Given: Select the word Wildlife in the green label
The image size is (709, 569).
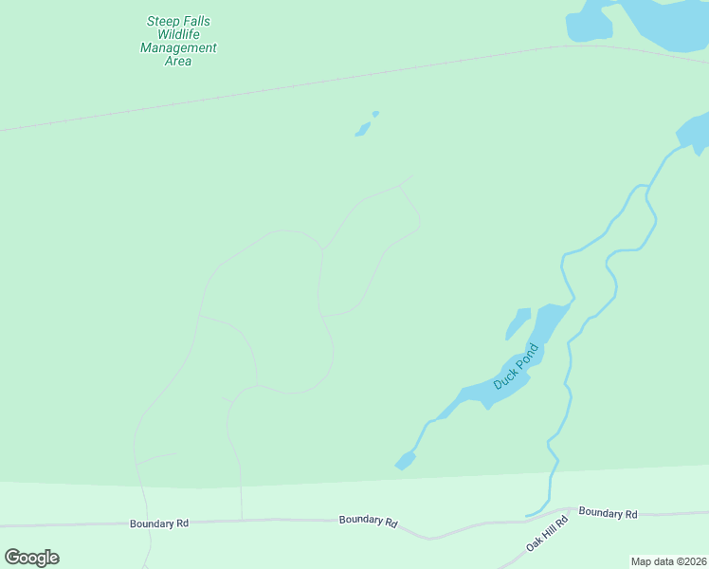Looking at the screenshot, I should (x=178, y=34).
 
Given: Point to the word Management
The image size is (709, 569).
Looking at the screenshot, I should (x=178, y=47).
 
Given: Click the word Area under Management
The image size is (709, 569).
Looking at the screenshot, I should (x=178, y=62).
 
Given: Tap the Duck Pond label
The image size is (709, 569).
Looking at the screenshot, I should (x=516, y=366).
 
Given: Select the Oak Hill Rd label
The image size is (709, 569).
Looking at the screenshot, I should (x=547, y=535).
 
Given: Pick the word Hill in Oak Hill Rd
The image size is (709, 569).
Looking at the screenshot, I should (x=548, y=534).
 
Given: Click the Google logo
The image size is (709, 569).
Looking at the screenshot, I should (x=31, y=558).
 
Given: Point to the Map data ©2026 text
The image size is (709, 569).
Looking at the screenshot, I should (x=668, y=561).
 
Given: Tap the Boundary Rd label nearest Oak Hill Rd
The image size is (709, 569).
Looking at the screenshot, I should (x=608, y=513).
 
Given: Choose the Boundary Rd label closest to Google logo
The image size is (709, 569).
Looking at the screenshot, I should (x=159, y=523).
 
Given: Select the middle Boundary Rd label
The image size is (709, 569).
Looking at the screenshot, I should (x=368, y=520).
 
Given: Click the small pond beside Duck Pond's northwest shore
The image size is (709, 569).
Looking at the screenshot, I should (x=518, y=322).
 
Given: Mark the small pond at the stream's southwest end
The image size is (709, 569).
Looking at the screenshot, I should (x=405, y=461).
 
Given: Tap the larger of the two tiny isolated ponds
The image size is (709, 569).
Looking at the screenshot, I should (x=362, y=129).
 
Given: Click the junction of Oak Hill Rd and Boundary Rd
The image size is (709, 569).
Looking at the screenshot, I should (x=569, y=508).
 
